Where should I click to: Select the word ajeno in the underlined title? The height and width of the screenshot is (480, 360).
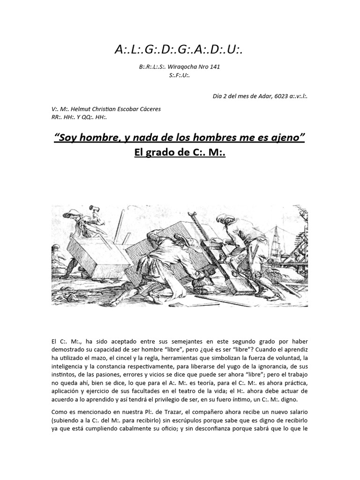coord(286,138)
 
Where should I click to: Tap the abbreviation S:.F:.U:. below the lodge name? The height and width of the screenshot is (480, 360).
coord(180,75)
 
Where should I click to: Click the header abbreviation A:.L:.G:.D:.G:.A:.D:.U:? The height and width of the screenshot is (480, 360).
coord(180,49)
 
